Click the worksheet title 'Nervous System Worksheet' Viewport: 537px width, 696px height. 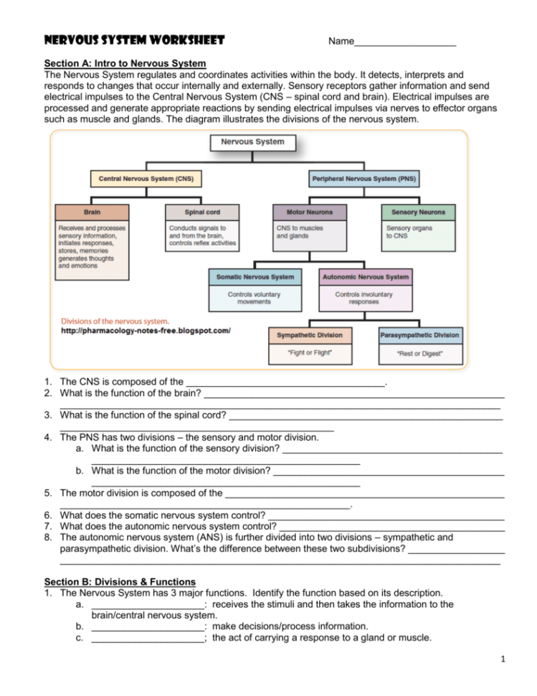134,40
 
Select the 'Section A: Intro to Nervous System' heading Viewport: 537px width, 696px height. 125,63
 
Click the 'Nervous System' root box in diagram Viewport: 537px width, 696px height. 252,141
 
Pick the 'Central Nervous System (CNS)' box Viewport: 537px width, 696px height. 146,178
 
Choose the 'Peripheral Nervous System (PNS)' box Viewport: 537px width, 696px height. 364,178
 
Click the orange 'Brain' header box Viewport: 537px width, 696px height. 92,212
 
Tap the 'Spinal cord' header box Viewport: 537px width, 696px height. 202,212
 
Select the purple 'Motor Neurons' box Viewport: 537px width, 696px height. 308,212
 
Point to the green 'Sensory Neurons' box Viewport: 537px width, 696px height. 418,212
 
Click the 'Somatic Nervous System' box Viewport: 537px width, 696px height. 255,277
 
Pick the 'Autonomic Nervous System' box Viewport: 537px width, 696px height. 365,277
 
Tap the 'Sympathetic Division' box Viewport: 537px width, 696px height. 310,335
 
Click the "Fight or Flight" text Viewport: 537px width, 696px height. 310,353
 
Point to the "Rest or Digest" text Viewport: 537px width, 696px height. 420,354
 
